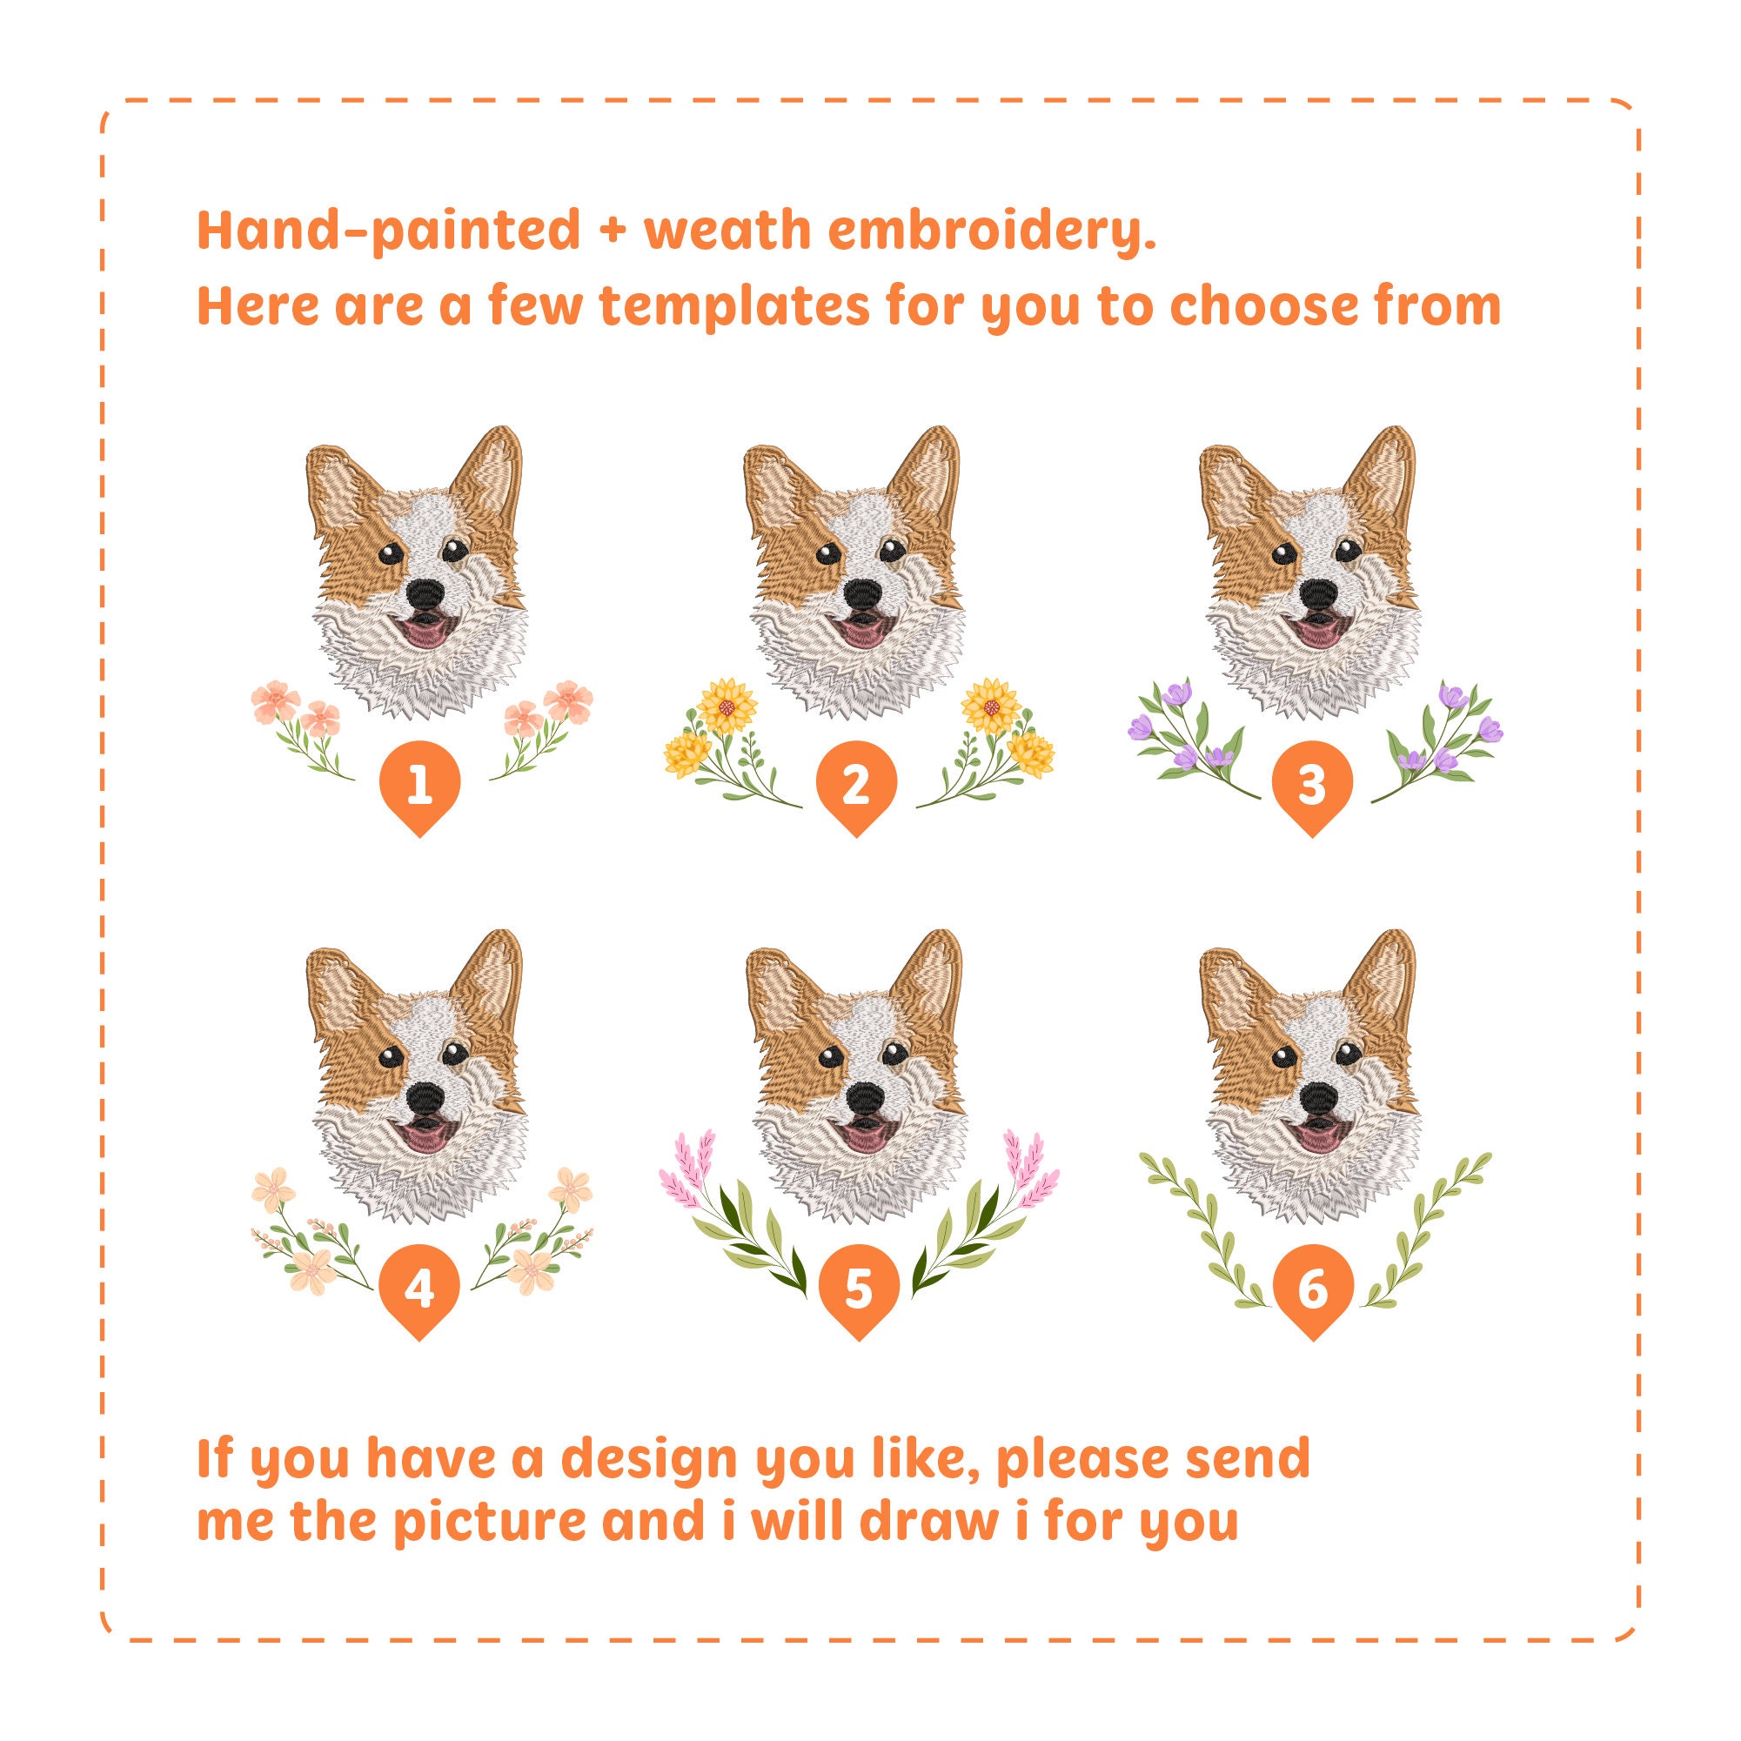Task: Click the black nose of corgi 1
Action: coord(424,594)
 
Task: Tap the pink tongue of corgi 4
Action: coord(422,1138)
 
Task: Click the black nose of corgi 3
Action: coord(1317,594)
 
